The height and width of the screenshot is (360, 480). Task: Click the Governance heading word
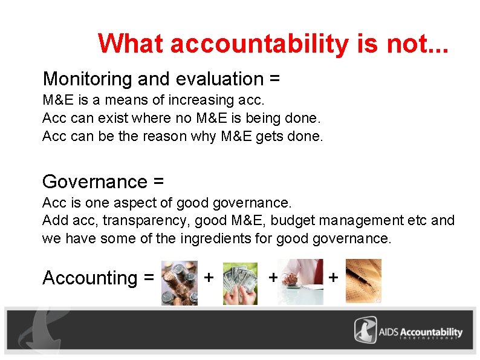click(x=95, y=182)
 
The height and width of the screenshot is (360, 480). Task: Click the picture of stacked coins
click(x=180, y=283)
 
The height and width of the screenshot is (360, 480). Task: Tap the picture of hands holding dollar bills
click(x=240, y=283)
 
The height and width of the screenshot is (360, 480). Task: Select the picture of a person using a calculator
click(x=300, y=281)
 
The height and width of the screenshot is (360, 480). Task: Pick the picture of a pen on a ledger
click(x=363, y=280)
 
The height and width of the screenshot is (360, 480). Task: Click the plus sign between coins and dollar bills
click(x=209, y=278)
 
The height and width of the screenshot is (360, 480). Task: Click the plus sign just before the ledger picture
click(x=333, y=278)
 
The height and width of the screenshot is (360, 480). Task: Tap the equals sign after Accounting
click(x=149, y=278)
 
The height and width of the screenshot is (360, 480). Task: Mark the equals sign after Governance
click(x=159, y=182)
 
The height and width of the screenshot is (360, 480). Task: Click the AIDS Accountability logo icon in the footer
click(x=366, y=332)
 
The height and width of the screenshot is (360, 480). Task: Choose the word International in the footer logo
click(x=430, y=338)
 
